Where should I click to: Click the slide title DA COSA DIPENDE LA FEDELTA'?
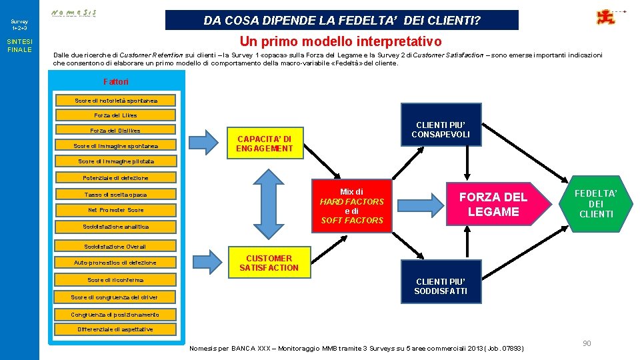tap(341, 20)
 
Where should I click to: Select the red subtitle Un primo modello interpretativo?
tap(340, 41)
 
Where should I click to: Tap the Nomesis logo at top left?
tap(73, 13)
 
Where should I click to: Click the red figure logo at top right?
tap(606, 17)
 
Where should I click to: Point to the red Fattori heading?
tap(115, 81)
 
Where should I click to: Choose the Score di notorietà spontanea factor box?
tap(116, 101)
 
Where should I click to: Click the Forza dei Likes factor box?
tap(115, 115)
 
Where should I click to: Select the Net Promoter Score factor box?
tap(115, 210)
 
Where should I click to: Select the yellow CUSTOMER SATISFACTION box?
tap(269, 263)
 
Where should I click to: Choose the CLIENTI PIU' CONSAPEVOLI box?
tap(441, 129)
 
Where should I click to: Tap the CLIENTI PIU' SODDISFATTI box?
tap(441, 286)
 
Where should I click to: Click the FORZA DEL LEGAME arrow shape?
tap(494, 204)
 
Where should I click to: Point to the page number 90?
tap(587, 343)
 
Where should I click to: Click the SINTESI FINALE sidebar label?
tap(19, 45)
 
